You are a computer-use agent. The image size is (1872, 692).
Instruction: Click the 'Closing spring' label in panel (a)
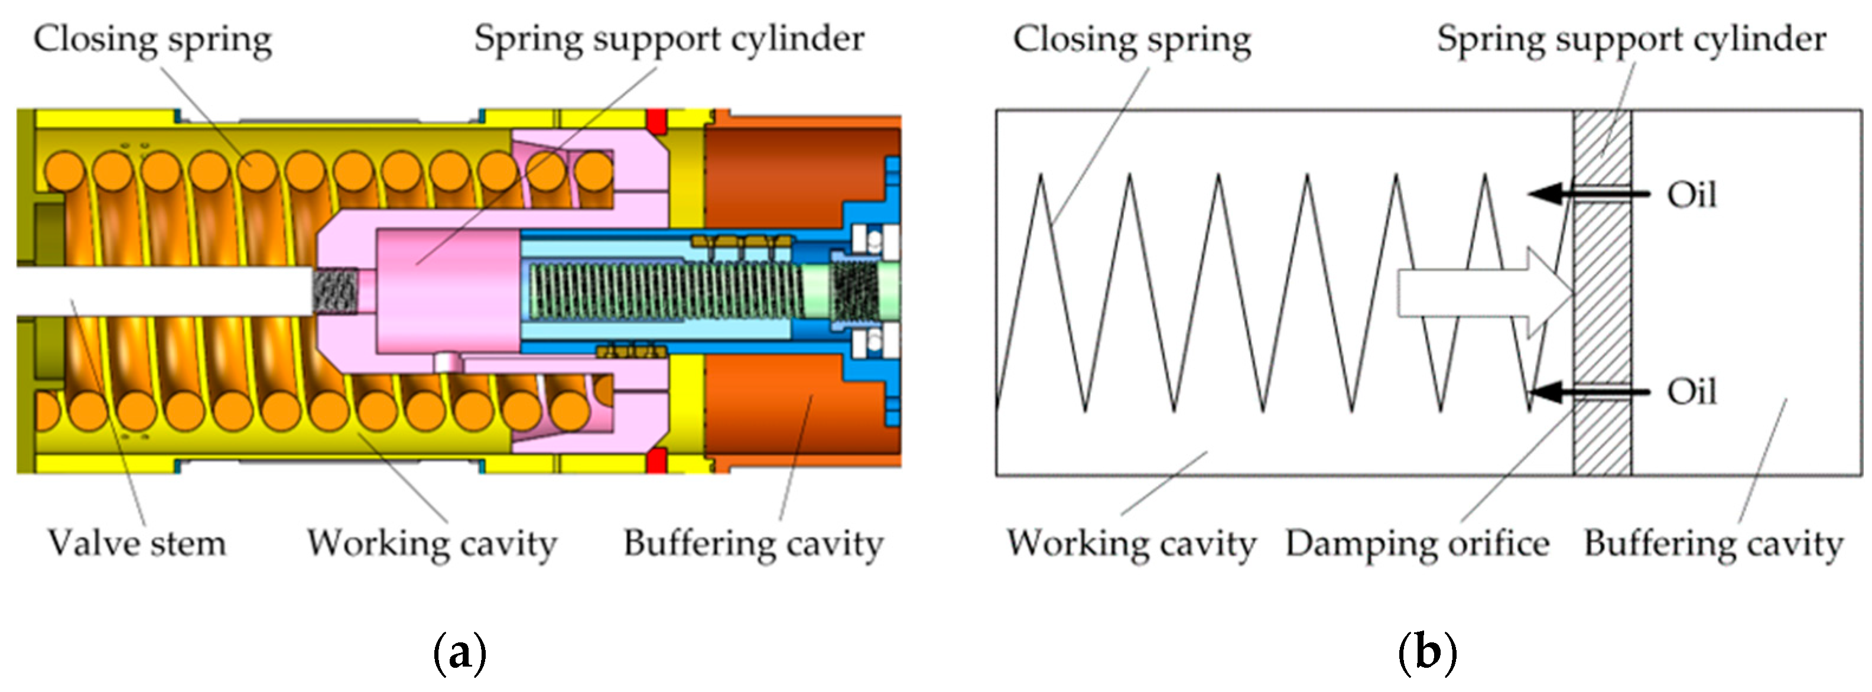(x=152, y=40)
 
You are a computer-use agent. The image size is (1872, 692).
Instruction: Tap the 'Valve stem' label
(x=136, y=544)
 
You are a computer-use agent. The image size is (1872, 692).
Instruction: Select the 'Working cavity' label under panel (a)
(x=432, y=544)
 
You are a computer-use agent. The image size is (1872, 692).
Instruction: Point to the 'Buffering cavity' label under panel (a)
(x=753, y=544)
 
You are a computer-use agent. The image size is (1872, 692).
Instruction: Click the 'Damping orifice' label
(x=1417, y=544)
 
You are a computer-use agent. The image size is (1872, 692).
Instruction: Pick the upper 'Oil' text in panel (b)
(x=1692, y=196)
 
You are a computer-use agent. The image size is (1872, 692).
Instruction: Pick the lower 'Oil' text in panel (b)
(x=1692, y=392)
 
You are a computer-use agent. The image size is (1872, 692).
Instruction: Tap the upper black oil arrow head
(x=1544, y=194)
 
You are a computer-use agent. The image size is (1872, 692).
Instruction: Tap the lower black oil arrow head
(x=1544, y=392)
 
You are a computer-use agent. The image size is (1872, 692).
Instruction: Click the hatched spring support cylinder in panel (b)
(x=1603, y=291)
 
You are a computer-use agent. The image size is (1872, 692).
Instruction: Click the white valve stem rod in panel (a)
(x=160, y=291)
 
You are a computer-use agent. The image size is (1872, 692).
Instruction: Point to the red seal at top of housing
(x=656, y=121)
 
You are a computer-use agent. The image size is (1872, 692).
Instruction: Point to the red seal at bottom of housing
(x=656, y=460)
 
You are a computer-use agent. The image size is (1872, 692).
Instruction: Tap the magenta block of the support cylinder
(x=447, y=291)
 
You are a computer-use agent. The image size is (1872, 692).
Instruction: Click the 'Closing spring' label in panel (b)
(x=1132, y=40)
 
